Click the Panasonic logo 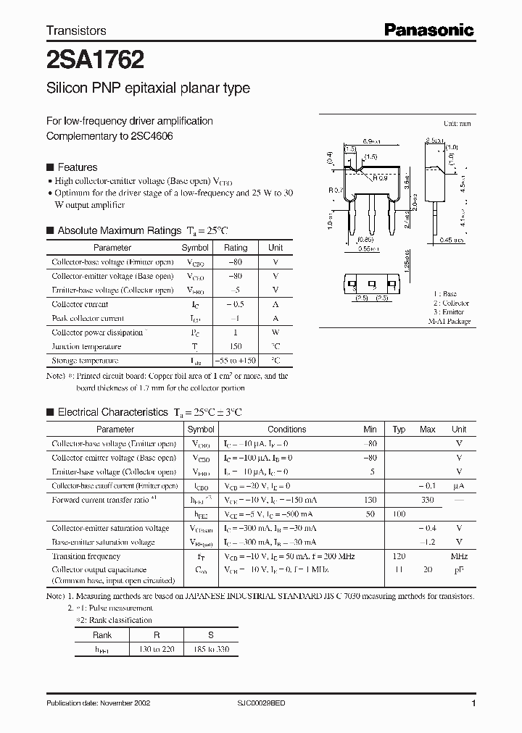(x=428, y=30)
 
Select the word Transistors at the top (x=76, y=30)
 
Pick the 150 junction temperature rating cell (x=236, y=346)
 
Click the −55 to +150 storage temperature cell (x=236, y=360)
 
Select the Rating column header (x=236, y=248)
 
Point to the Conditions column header (x=286, y=430)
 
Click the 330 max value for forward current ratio (x=427, y=500)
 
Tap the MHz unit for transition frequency (x=458, y=556)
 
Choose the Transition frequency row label (x=86, y=556)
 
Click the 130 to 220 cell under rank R (x=157, y=650)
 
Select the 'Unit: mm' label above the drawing (x=457, y=124)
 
